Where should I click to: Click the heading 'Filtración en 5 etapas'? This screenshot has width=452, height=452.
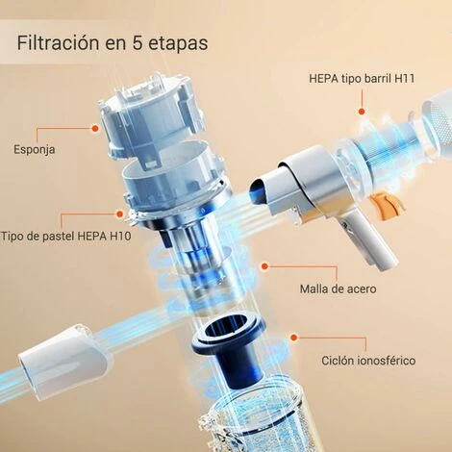(113, 43)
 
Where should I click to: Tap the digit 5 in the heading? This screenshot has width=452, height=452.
(138, 42)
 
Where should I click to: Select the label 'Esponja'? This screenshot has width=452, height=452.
(35, 150)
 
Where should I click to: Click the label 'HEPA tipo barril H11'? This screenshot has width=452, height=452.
(362, 79)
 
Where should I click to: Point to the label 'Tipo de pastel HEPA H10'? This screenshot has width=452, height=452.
(65, 237)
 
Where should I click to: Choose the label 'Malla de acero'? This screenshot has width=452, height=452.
(338, 289)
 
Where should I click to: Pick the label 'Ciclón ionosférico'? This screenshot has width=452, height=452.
(368, 361)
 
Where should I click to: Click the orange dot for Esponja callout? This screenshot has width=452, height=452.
(95, 128)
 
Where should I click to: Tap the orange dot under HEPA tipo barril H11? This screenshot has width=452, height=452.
(362, 112)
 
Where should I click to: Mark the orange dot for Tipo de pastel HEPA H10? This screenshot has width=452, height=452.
(120, 213)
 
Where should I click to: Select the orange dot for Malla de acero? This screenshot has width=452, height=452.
(264, 266)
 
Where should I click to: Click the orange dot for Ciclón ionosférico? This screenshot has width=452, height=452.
(293, 338)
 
